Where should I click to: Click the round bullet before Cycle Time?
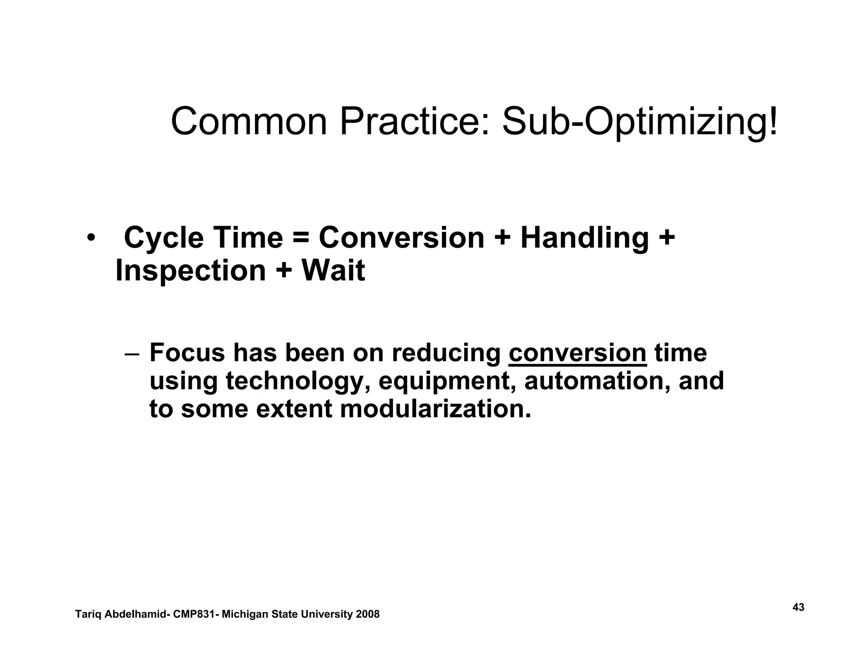tap(91, 238)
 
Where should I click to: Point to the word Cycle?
tap(163, 238)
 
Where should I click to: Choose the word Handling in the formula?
tap(584, 238)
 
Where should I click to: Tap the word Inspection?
tap(190, 270)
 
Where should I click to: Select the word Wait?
tap(333, 270)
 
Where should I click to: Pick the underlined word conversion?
tap(577, 353)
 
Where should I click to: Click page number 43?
tap(799, 607)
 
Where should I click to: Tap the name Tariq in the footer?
tap(88, 615)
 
